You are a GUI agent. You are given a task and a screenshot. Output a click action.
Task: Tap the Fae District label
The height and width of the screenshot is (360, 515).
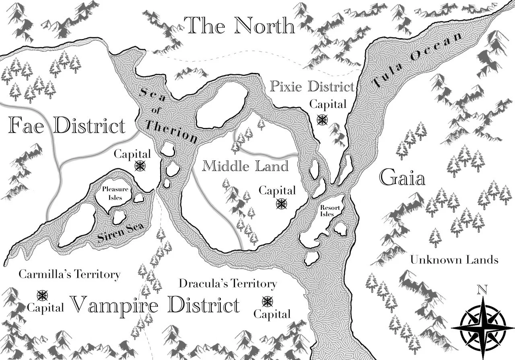[x=67, y=126]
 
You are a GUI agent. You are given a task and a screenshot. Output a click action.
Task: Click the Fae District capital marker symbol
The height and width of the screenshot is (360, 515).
[x=140, y=166]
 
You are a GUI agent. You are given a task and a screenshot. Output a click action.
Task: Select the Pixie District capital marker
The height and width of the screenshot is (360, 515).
[x=322, y=119]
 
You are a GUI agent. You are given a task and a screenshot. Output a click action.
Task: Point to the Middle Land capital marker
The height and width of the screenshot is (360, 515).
[x=282, y=204]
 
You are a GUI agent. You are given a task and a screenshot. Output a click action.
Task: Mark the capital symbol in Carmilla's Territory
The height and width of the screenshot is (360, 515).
[x=42, y=296]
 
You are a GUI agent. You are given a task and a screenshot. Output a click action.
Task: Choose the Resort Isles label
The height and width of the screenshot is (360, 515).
[x=328, y=211]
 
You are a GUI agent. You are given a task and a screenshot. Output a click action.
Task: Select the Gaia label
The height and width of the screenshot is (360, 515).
[x=402, y=178]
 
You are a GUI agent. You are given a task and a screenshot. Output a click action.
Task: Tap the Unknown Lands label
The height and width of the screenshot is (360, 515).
[x=454, y=260]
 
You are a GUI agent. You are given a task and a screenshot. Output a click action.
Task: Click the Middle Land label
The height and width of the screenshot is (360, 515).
[x=245, y=166]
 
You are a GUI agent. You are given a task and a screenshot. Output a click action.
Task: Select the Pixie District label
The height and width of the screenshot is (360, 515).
[x=312, y=86]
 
